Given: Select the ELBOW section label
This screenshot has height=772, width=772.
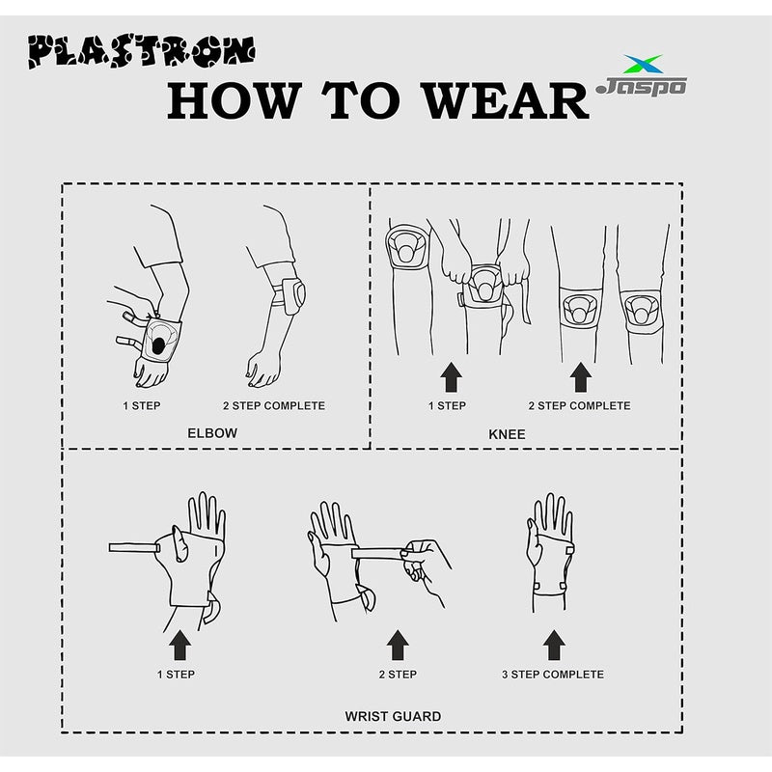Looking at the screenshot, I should [212, 433].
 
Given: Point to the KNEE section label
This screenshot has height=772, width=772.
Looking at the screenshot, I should [508, 434].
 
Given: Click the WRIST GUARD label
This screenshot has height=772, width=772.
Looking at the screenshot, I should [393, 716].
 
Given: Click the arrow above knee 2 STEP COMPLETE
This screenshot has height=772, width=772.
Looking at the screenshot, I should [580, 377].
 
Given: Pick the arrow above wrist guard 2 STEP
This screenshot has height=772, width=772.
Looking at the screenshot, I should [398, 644].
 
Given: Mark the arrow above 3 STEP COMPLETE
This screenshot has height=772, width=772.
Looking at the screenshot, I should [553, 644].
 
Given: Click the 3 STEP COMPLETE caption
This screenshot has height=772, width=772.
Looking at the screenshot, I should [553, 675].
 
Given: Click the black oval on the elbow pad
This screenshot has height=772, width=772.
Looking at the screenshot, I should [158, 343].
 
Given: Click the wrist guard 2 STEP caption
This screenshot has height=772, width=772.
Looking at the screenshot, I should [398, 675].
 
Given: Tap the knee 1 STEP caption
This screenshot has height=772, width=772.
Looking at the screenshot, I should [448, 405].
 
